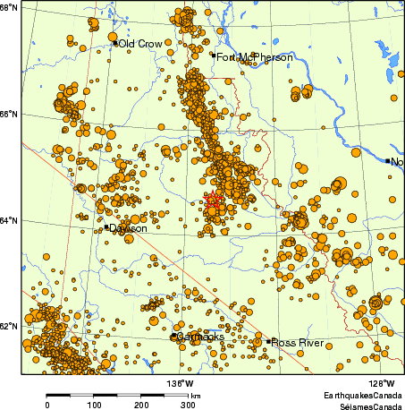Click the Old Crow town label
141,43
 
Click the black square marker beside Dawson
106,227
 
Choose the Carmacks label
200,337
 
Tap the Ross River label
296,342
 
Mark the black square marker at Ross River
267,341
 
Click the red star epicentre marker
213,202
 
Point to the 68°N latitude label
10,8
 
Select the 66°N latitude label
10,114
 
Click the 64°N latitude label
10,220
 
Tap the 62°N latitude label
10,326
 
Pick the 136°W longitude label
179,384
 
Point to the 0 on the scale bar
46,405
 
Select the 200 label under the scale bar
141,405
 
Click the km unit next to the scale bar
195,395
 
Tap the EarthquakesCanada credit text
364,395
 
